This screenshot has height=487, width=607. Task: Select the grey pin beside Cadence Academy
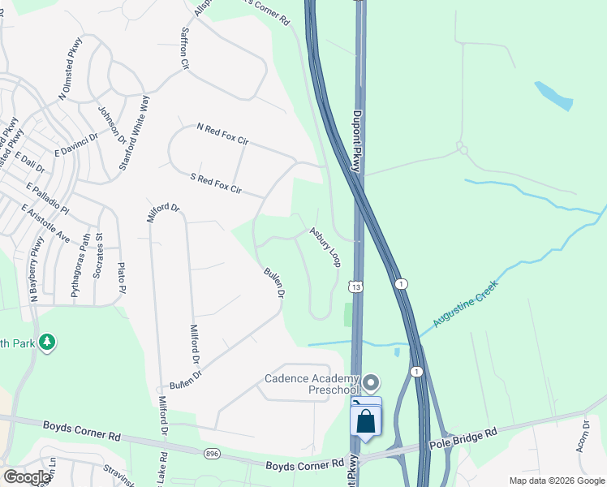tap(372, 381)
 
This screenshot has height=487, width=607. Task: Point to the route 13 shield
tap(355, 287)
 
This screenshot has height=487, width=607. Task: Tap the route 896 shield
tap(212, 454)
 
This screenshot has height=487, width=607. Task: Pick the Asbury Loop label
tap(325, 246)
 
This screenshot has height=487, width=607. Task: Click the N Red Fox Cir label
tap(222, 135)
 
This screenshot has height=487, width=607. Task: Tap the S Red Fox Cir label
tap(215, 183)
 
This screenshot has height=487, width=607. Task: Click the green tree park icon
tap(48, 342)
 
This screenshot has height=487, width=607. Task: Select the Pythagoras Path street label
tap(80, 266)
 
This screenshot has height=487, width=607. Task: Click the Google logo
tap(27, 477)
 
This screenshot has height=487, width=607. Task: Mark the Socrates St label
tap(98, 256)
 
